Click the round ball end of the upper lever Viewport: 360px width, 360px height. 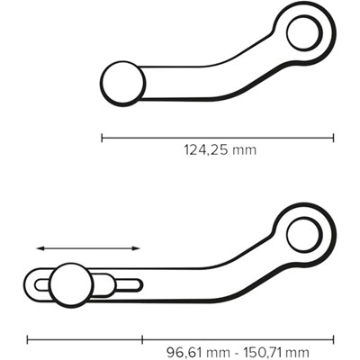coord(123,83)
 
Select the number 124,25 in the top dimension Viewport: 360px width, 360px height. coord(206,150)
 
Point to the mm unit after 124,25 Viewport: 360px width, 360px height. coord(244,150)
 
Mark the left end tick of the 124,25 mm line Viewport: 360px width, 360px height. coord(102,138)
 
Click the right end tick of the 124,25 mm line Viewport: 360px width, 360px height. coord(333,138)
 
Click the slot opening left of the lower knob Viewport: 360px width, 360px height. coord(43,286)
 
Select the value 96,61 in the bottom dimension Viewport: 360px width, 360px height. coord(187,351)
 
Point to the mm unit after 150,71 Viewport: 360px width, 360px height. coord(310,351)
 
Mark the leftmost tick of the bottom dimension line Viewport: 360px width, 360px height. coord(28,339)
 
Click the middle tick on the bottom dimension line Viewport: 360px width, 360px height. coord(142,339)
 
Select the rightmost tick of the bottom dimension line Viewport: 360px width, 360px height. coord(334,339)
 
